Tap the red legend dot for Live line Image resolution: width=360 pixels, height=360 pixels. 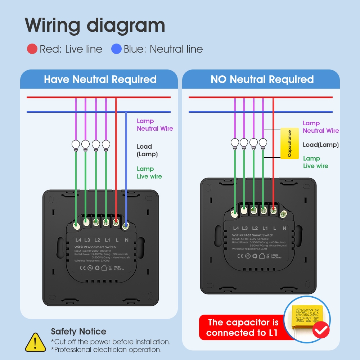(x=32, y=49)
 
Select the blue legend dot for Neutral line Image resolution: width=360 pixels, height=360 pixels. (x=116, y=49)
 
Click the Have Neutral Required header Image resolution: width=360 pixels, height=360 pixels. (x=100, y=79)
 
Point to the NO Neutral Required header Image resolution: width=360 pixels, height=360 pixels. (x=262, y=79)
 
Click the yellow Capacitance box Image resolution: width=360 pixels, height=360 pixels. (x=289, y=143)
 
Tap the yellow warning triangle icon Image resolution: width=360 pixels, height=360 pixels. (x=35, y=342)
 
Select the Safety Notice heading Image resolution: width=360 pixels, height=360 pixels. (x=78, y=332)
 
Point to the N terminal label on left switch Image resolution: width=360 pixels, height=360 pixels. (x=126, y=240)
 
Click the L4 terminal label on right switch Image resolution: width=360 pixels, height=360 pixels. (x=236, y=228)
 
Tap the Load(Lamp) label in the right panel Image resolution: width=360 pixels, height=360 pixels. (x=320, y=145)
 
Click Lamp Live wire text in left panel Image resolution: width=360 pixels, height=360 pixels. (x=149, y=172)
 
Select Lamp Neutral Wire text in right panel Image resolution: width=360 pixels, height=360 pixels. (x=320, y=127)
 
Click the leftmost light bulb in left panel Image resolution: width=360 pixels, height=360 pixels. (x=76, y=145)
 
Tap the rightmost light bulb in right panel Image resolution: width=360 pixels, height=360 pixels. (x=263, y=143)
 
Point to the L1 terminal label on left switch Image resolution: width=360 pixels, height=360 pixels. (x=107, y=240)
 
